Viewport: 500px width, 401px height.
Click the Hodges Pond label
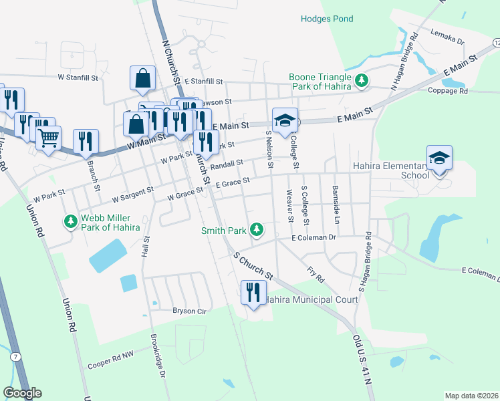[x=327, y=19]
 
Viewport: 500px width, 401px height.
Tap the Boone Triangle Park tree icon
[x=362, y=81]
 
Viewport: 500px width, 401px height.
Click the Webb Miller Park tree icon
[x=70, y=221]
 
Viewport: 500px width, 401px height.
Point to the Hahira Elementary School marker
[x=439, y=158]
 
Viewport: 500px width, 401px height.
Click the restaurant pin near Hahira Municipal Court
[x=253, y=292]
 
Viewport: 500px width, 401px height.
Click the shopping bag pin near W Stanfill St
[x=143, y=79]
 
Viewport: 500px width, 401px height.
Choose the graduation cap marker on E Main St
[x=285, y=121]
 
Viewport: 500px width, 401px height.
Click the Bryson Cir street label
[x=173, y=311]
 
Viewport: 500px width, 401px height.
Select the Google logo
[x=22, y=392]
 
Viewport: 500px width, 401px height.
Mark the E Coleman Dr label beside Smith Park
[x=313, y=237]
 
